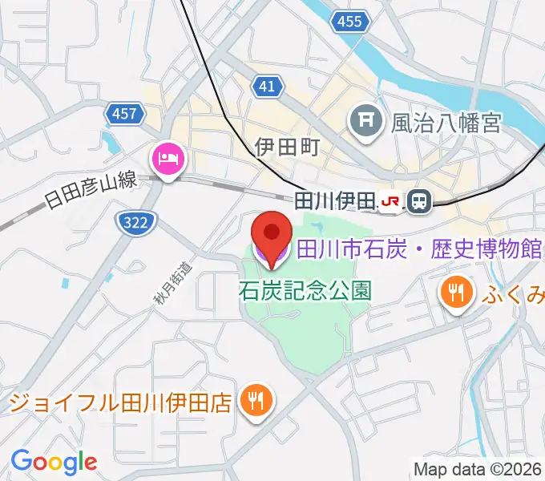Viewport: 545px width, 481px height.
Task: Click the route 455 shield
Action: click(349, 22)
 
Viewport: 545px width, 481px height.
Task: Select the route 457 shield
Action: click(124, 114)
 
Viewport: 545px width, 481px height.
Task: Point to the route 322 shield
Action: click(135, 223)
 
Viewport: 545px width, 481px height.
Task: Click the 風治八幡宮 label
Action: click(446, 123)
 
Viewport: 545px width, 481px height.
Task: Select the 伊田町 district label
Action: click(287, 147)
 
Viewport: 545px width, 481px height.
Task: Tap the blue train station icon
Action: click(418, 202)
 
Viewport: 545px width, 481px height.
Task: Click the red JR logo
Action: click(391, 202)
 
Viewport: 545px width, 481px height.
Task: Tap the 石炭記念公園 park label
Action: click(305, 290)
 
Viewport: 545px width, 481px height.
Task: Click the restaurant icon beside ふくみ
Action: click(456, 293)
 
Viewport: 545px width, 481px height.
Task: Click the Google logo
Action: click(54, 462)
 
